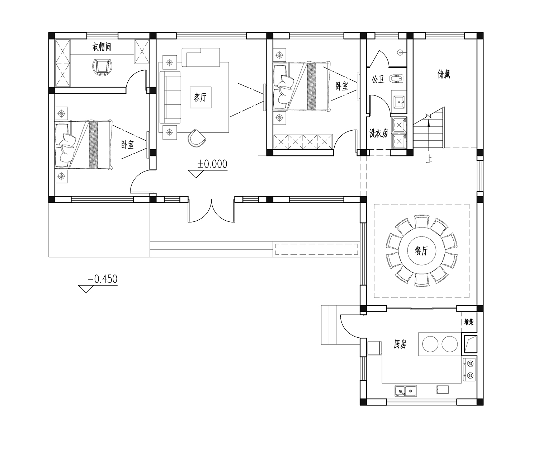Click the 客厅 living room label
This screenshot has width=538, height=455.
(x=200, y=98)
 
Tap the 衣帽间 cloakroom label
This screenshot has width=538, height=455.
(x=102, y=47)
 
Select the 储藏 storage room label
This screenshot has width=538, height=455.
(x=444, y=74)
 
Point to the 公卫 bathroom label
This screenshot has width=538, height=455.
(x=378, y=79)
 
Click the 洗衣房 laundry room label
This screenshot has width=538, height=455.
(x=379, y=133)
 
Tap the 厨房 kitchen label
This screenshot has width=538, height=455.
(x=400, y=344)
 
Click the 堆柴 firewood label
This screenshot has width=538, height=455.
(x=469, y=322)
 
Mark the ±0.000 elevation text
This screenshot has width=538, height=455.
(x=212, y=164)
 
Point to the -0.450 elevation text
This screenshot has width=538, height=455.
(x=103, y=279)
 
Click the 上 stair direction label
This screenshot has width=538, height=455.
(x=429, y=159)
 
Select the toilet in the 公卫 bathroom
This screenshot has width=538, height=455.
(x=396, y=78)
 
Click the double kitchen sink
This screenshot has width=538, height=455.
(x=406, y=391)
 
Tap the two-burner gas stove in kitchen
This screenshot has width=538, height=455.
(x=470, y=370)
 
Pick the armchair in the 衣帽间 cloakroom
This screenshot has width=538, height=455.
(x=103, y=67)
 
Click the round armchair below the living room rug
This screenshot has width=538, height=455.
(x=197, y=138)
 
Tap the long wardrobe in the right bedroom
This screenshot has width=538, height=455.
(x=303, y=142)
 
